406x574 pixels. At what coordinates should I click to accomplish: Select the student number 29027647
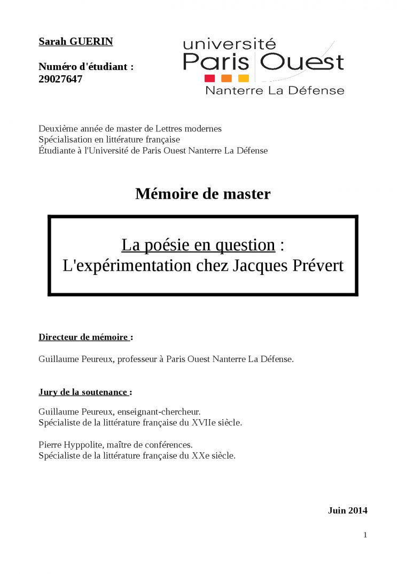(60, 79)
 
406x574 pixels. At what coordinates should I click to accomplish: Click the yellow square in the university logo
(243, 78)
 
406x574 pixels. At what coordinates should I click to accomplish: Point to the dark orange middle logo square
(227, 78)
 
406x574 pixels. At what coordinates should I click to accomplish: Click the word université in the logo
(229, 43)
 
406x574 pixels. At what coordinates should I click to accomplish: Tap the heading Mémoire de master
(203, 193)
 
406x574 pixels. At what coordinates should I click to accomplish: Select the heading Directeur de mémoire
(84, 337)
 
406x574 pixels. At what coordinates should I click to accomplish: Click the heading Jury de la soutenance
(83, 392)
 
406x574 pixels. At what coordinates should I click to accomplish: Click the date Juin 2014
(347, 510)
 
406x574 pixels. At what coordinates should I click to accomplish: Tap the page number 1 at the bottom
(365, 535)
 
